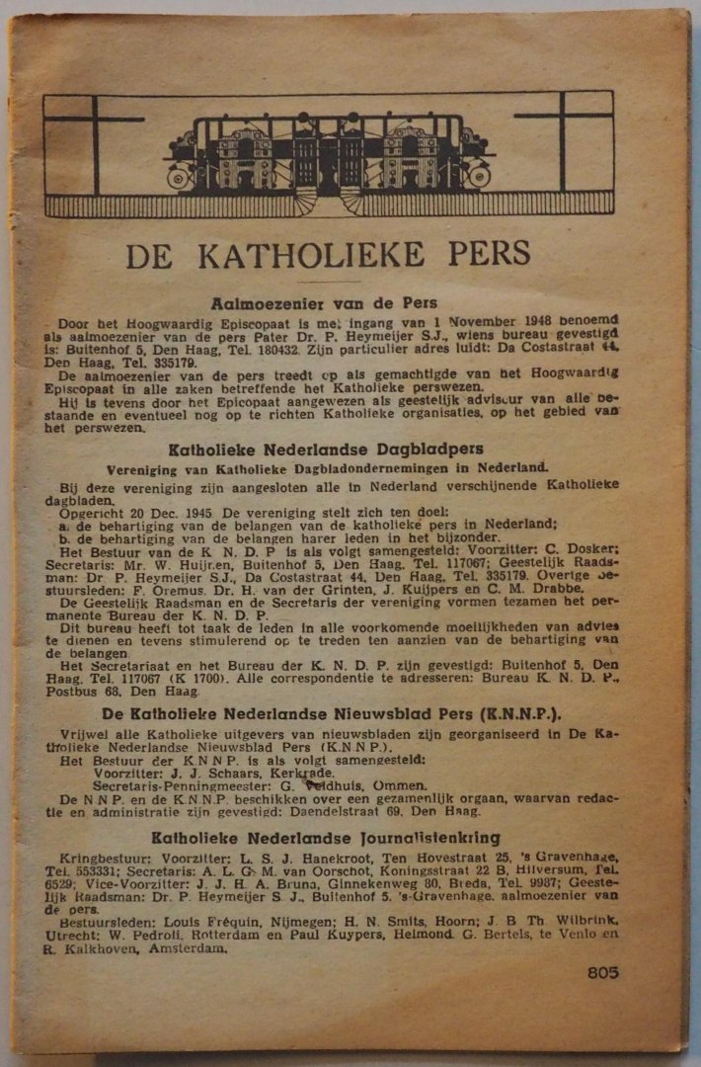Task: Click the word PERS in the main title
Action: tap(476, 255)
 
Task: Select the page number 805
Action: tap(602, 972)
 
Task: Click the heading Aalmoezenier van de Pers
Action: tap(324, 303)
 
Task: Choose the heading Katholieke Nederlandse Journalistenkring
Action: tap(326, 838)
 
